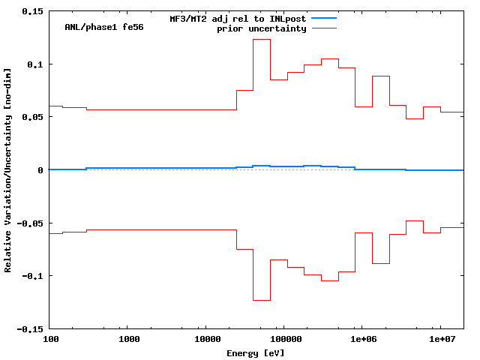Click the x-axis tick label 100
pyautogui.click(x=51, y=339)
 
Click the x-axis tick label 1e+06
pyautogui.click(x=362, y=339)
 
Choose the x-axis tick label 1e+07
pyautogui.click(x=440, y=339)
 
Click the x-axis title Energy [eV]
pyautogui.click(x=256, y=352)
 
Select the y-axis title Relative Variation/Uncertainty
pyautogui.click(x=8, y=169)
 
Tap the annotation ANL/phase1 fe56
pyautogui.click(x=104, y=27)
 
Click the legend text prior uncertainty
pyautogui.click(x=262, y=28)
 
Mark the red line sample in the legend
pyautogui.click(x=317, y=28)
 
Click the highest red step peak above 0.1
pyautogui.click(x=262, y=39)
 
